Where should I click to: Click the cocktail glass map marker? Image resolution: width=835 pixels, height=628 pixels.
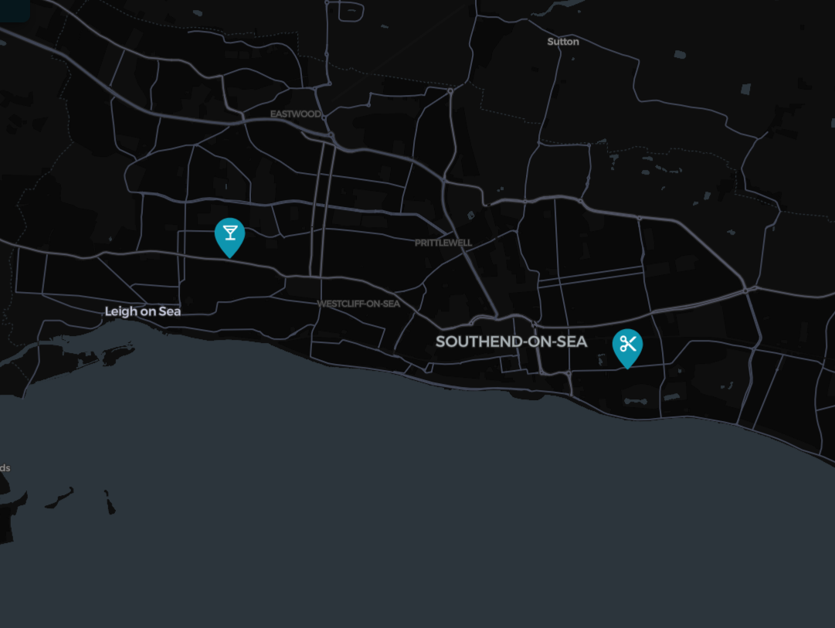(229, 234)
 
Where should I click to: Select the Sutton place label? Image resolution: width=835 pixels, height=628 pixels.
(562, 42)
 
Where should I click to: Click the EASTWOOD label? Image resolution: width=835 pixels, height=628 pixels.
(295, 114)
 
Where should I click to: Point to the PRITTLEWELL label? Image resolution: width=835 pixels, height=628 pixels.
(443, 243)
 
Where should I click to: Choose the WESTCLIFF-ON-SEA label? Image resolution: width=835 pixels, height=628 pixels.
(358, 304)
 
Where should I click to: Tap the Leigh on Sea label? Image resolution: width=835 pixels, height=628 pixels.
(143, 311)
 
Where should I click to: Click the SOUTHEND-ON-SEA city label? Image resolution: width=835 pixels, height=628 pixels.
(511, 341)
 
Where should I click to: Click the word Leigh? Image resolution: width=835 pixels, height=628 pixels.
(120, 311)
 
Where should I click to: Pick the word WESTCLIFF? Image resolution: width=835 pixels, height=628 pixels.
(340, 304)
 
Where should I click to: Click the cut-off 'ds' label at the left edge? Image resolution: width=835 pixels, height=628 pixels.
(5, 468)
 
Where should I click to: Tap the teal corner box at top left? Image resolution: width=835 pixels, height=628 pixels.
(14, 8)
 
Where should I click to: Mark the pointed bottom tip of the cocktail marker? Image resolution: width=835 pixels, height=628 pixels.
(229, 256)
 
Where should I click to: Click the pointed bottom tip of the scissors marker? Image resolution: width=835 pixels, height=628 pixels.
(627, 368)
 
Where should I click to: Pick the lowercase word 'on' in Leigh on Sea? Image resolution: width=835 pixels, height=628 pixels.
(148, 311)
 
